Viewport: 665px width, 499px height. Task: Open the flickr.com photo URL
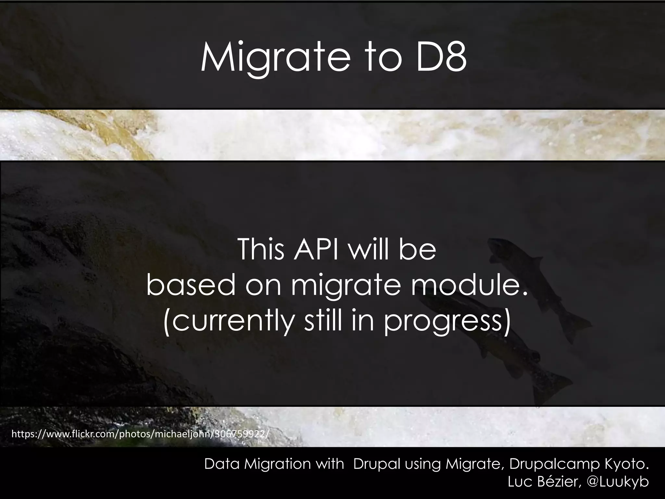140,434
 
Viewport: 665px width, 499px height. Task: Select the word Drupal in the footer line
374,464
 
